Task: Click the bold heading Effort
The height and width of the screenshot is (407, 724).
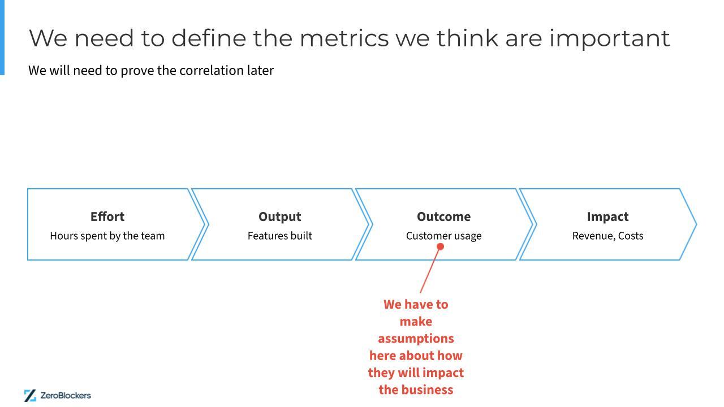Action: [107, 217]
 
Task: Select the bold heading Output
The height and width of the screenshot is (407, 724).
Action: [279, 217]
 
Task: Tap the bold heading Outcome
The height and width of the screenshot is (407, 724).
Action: [443, 217]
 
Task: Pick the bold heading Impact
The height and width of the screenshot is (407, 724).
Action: [607, 217]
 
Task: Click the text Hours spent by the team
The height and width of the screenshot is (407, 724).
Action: [107, 236]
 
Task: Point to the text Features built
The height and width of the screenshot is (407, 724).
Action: [279, 236]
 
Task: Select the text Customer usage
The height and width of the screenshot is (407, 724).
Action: [443, 236]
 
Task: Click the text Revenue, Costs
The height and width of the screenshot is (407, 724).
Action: [607, 236]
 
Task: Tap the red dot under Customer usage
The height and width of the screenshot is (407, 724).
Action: [440, 246]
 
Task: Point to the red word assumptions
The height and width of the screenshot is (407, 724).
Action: [416, 339]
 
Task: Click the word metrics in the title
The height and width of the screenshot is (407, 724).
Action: [343, 38]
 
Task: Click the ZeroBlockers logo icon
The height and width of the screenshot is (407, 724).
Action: [30, 395]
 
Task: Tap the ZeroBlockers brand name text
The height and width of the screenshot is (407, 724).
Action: [66, 395]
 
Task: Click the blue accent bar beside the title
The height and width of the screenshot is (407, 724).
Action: [2, 37]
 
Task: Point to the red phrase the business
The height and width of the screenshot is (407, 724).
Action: [416, 390]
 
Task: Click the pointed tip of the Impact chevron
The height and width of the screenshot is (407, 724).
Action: [695, 224]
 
